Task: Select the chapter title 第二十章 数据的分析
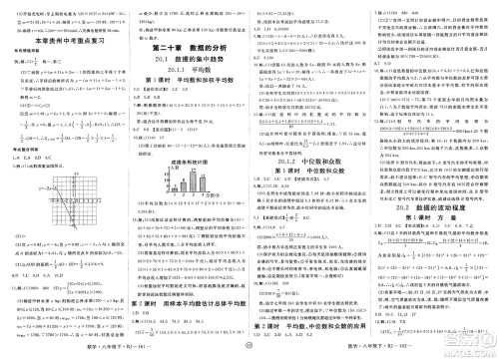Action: tap(188, 46)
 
